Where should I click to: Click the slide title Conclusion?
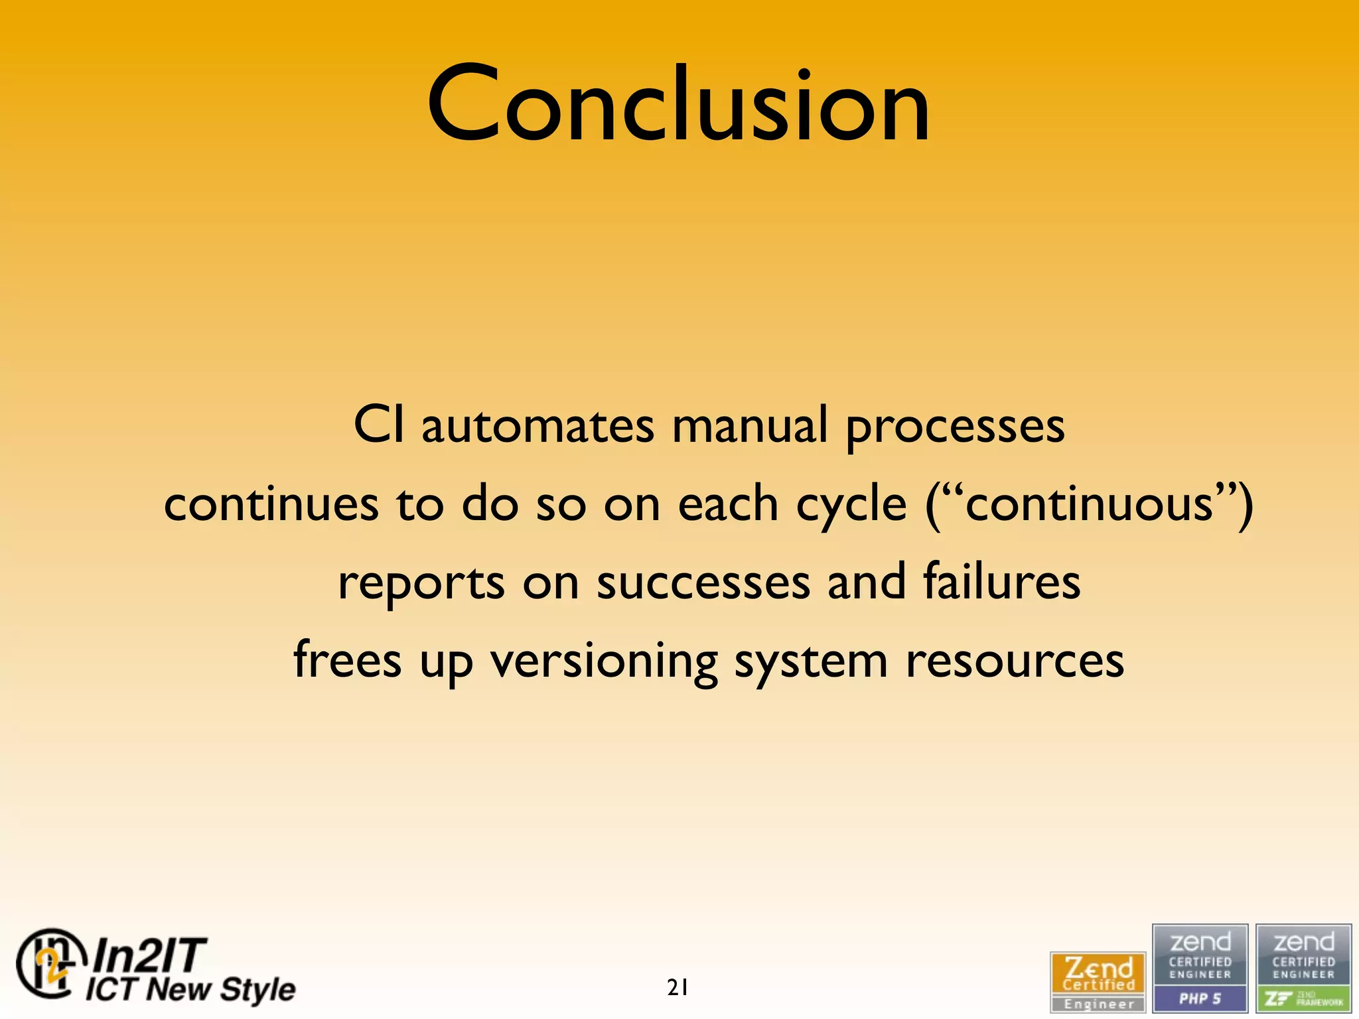click(x=678, y=105)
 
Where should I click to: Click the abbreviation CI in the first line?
click(x=378, y=425)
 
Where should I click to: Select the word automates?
click(x=537, y=426)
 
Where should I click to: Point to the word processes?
click(x=955, y=428)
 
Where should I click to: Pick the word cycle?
click(x=851, y=506)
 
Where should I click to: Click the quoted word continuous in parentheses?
click(x=1089, y=504)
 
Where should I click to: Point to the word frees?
click(x=348, y=660)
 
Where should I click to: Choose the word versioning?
click(x=604, y=662)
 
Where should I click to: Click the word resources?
click(x=1015, y=662)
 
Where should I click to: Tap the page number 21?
click(x=678, y=988)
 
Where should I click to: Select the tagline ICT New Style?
click(x=190, y=989)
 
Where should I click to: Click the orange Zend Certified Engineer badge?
click(x=1098, y=981)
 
